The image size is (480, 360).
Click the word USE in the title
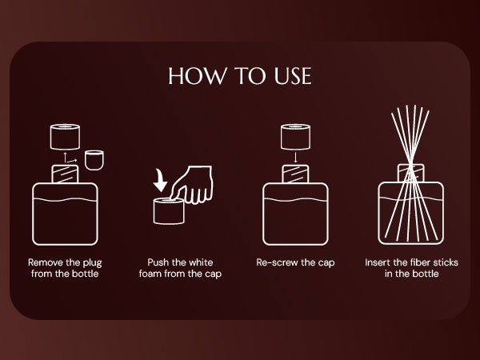pyautogui.click(x=293, y=76)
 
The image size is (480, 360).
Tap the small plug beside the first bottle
pyautogui.click(x=94, y=160)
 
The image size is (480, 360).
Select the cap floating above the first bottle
pyautogui.click(x=66, y=137)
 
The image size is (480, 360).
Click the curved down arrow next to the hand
pyautogui.click(x=160, y=181)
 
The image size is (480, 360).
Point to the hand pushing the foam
pyautogui.click(x=192, y=185)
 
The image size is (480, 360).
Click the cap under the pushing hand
pyautogui.click(x=169, y=211)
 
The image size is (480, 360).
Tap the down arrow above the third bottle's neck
pyautogui.click(x=295, y=157)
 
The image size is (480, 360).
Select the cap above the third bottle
pyautogui.click(x=295, y=137)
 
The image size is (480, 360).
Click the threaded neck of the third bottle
pyautogui.click(x=295, y=174)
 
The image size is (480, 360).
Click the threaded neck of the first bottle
pyautogui.click(x=66, y=174)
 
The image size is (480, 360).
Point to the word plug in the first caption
pyautogui.click(x=92, y=263)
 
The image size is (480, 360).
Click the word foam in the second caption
pyautogui.click(x=150, y=274)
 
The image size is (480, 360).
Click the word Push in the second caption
pyautogui.click(x=158, y=262)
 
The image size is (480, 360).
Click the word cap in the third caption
pyautogui.click(x=326, y=263)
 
